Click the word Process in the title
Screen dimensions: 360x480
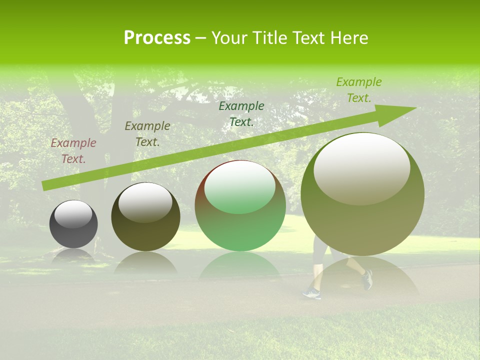pyautogui.click(x=157, y=38)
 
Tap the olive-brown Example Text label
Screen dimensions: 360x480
pyautogui.click(x=147, y=134)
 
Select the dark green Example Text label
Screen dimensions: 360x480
pyautogui.click(x=241, y=113)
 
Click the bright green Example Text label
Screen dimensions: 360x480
pyautogui.click(x=358, y=90)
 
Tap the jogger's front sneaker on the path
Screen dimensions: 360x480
pyautogui.click(x=311, y=293)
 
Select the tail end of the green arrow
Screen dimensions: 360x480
pyautogui.click(x=44, y=186)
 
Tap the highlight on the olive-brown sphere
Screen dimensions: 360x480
pyautogui.click(x=145, y=202)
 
